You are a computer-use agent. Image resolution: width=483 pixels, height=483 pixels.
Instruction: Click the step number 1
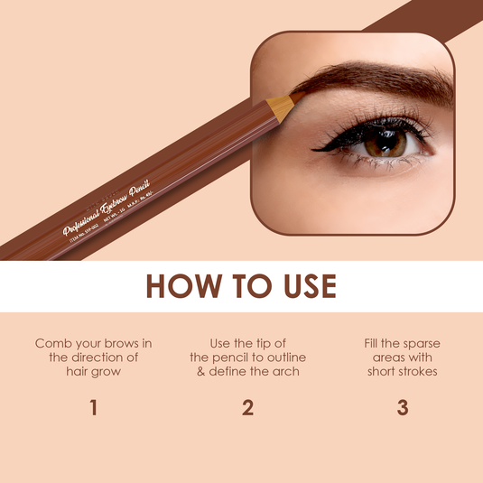tap(93, 407)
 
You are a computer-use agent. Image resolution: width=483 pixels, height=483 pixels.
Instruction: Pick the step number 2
tap(247, 407)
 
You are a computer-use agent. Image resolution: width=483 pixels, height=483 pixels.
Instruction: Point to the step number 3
tap(403, 407)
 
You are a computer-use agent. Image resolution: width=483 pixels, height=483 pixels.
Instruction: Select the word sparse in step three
tap(419, 343)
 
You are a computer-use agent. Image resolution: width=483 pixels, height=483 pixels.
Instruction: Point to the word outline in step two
tap(278, 358)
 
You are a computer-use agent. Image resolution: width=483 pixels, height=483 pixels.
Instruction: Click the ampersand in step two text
tap(201, 371)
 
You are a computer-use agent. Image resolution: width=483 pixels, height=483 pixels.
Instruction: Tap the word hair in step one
tap(79, 371)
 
